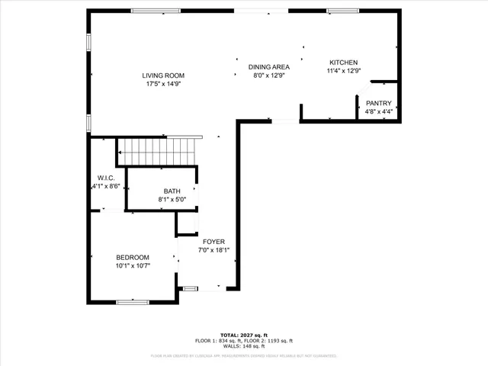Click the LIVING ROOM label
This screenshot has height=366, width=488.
(x=163, y=75)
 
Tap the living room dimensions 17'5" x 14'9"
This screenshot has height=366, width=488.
(x=163, y=84)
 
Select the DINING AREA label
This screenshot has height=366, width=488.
(x=270, y=67)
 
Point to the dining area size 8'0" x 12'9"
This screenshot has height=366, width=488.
(x=270, y=75)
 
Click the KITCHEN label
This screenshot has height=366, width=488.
(x=343, y=63)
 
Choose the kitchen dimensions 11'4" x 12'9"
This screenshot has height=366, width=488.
(x=343, y=71)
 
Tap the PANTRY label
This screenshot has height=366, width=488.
(x=378, y=103)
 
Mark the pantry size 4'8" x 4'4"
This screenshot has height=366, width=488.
(x=378, y=112)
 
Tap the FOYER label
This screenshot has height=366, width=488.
(x=213, y=241)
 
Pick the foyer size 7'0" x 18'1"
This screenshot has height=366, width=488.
(x=213, y=249)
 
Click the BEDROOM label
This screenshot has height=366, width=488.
(x=133, y=258)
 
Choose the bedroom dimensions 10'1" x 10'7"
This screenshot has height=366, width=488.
(x=133, y=266)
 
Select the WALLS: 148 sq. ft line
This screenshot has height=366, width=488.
(x=243, y=347)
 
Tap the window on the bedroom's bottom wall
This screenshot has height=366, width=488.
(x=133, y=303)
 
